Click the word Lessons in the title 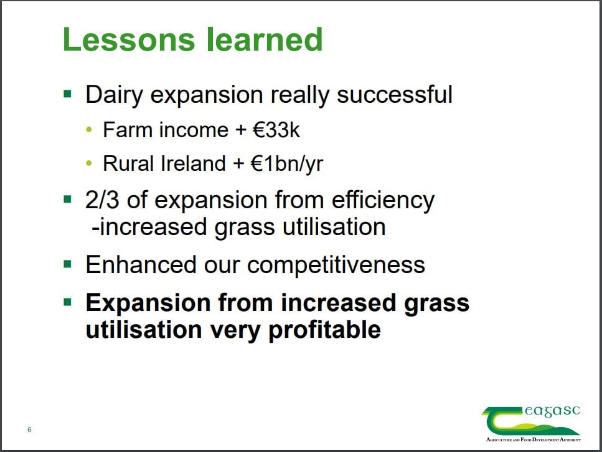[x=129, y=39]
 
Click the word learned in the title [x=265, y=39]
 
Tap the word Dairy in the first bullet [x=115, y=95]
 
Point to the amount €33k [x=276, y=130]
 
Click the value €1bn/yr [x=287, y=163]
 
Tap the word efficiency [x=383, y=201]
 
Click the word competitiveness [x=336, y=265]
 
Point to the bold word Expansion [x=148, y=303]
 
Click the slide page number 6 [x=29, y=430]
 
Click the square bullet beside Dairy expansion [x=68, y=94]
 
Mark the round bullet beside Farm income [x=89, y=130]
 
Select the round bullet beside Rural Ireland [x=89, y=164]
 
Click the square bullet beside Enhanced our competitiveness [x=68, y=264]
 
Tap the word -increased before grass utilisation [x=149, y=227]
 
